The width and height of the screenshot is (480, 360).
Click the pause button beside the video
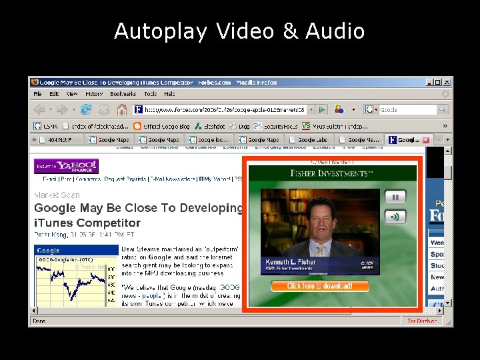[x=395, y=197]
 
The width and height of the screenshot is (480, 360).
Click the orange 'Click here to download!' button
[x=320, y=286]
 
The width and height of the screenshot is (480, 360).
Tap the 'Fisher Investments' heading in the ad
[x=331, y=173]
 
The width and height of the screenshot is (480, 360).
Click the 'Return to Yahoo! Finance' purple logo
[x=67, y=166]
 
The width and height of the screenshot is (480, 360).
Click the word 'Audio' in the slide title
[x=335, y=31]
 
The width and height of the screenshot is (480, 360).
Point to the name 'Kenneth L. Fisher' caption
[x=291, y=262]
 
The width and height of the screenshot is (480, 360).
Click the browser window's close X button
[x=447, y=82]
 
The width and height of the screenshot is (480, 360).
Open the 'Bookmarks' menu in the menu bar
[x=123, y=94]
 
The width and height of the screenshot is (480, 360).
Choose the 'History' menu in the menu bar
[x=94, y=94]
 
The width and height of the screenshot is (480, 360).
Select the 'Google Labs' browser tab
[x=311, y=140]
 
